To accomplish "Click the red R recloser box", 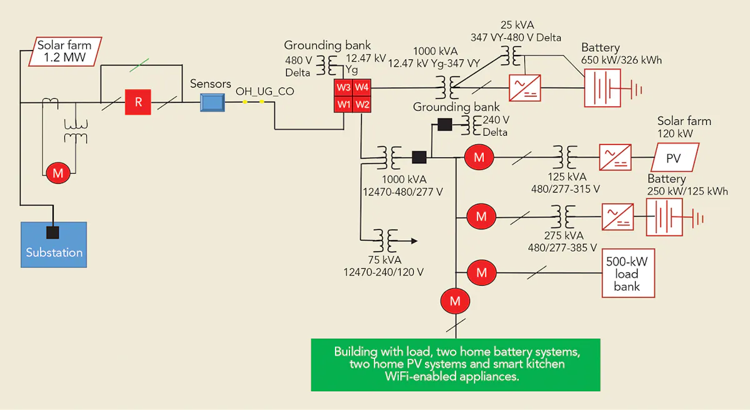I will [138, 102].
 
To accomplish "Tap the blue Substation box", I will [54, 244].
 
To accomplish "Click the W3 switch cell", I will [344, 87].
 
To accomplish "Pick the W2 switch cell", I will [363, 104].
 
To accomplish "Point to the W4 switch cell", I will [363, 87].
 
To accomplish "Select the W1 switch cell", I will [344, 104].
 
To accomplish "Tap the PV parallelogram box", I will [676, 157].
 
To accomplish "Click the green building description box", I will [456, 364].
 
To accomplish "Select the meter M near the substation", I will [58, 173].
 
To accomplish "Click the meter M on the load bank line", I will [481, 272].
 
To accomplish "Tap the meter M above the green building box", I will [456, 301].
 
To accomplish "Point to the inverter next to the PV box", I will [616, 157].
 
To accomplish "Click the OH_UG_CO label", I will [264, 92].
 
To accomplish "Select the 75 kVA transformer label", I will [384, 266].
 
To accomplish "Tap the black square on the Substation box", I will [53, 232].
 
